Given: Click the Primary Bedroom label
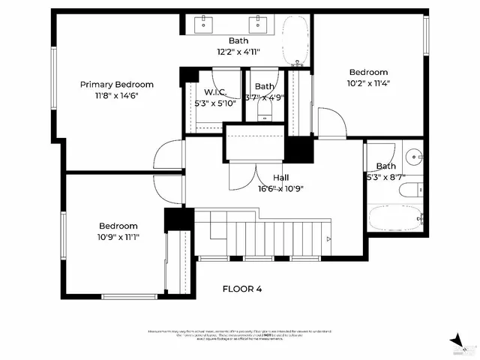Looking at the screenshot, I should [x=117, y=84].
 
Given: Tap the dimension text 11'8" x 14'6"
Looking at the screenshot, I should [x=117, y=95].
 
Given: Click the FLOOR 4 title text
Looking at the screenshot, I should [x=242, y=288].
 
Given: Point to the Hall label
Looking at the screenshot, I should [x=281, y=178].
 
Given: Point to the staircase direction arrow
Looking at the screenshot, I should [x=328, y=239].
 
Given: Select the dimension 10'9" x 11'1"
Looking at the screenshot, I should [x=118, y=237].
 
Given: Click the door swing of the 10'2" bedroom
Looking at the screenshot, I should [x=330, y=123].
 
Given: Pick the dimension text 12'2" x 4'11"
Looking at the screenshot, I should [x=238, y=52].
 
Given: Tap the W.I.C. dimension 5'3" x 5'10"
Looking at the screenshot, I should [x=215, y=103].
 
